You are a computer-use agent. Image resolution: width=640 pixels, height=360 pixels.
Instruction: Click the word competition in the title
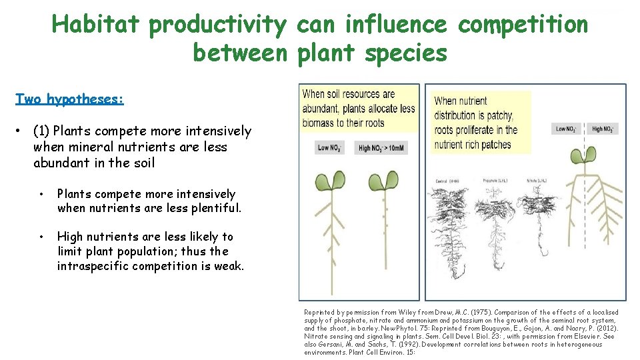pyautogui.click(x=523, y=25)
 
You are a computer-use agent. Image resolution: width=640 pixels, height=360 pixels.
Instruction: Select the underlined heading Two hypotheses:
pyautogui.click(x=69, y=99)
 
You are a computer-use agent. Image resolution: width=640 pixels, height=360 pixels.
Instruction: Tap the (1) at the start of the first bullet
pyautogui.click(x=41, y=131)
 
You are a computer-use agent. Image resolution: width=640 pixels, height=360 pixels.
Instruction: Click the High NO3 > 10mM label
pyautogui.click(x=382, y=148)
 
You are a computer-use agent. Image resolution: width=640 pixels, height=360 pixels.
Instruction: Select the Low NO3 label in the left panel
pyautogui.click(x=329, y=148)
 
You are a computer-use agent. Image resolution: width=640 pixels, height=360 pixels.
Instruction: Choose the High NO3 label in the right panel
pyautogui.click(x=604, y=129)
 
